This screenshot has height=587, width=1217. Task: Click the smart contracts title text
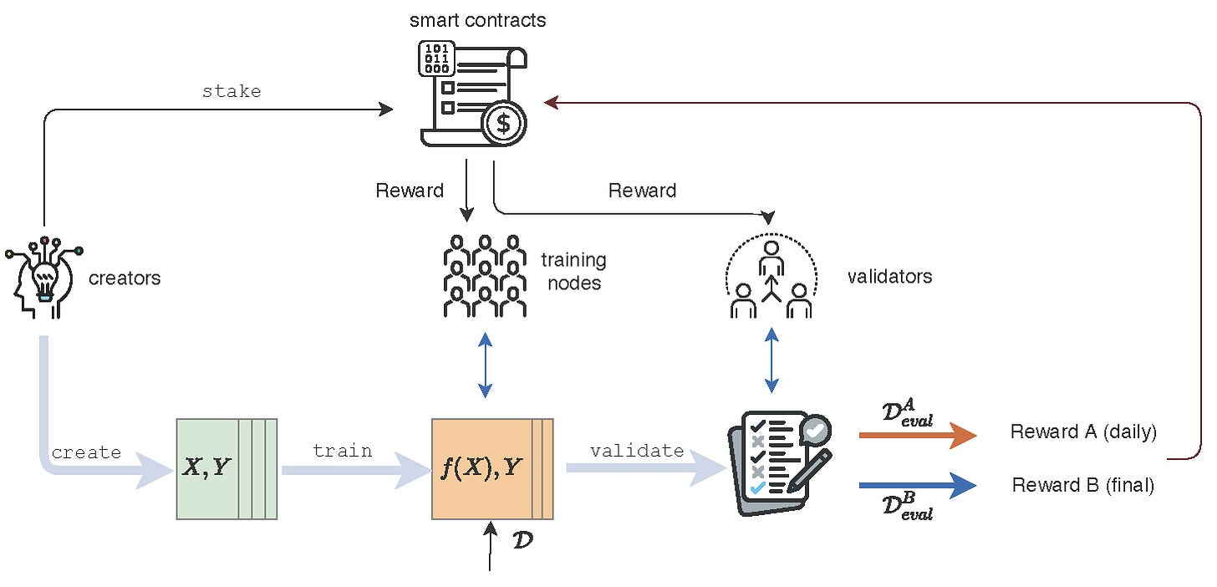(x=477, y=20)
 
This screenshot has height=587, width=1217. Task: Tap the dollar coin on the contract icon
(x=503, y=124)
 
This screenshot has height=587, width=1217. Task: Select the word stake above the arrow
(x=232, y=91)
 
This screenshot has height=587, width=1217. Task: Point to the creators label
(x=125, y=278)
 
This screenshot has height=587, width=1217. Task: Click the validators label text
(x=889, y=276)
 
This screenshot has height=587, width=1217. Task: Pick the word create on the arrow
(x=86, y=452)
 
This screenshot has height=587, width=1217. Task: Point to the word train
(x=343, y=451)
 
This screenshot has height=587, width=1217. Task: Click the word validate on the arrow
(x=637, y=451)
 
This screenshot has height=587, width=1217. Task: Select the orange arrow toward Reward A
(x=917, y=435)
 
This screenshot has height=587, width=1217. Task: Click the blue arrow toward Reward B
(x=917, y=485)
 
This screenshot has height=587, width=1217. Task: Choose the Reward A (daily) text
(x=1083, y=432)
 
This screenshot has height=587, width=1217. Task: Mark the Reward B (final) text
(x=1082, y=485)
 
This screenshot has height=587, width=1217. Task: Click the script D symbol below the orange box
(x=522, y=539)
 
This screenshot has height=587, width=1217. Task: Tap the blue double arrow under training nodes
(x=485, y=365)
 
